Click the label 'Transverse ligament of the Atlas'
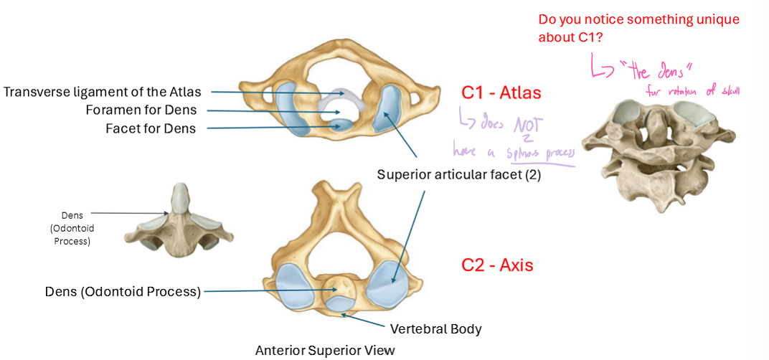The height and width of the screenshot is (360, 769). click(102, 92)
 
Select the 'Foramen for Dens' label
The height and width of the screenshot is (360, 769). click(141, 110)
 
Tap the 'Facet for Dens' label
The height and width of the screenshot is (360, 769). click(150, 129)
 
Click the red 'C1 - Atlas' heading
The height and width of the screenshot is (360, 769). click(501, 93)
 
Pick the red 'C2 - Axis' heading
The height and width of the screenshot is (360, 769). click(497, 265)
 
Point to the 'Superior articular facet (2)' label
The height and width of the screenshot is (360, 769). click(459, 174)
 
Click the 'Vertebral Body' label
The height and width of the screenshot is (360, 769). click(435, 329)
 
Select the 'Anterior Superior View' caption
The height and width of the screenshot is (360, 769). click(325, 350)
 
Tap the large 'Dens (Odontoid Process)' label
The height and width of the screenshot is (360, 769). click(123, 291)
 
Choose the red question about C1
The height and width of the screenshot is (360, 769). click(638, 28)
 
